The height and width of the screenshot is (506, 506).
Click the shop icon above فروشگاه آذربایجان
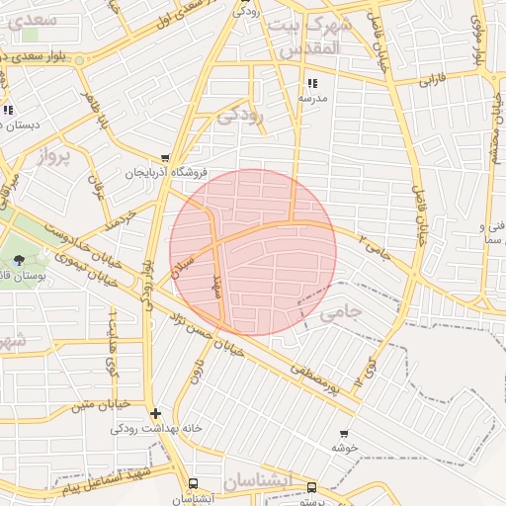click(165, 157)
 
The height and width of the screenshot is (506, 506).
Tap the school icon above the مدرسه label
click(313, 84)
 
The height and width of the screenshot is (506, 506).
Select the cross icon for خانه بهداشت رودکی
click(154, 413)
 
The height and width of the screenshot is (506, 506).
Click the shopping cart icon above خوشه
click(344, 433)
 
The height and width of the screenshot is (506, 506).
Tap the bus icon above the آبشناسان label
click(193, 484)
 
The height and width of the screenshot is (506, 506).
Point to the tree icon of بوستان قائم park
click(20, 260)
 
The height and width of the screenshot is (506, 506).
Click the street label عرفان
click(98, 183)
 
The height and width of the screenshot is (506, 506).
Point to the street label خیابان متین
click(100, 405)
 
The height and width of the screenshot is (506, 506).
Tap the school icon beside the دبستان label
click(8, 110)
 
